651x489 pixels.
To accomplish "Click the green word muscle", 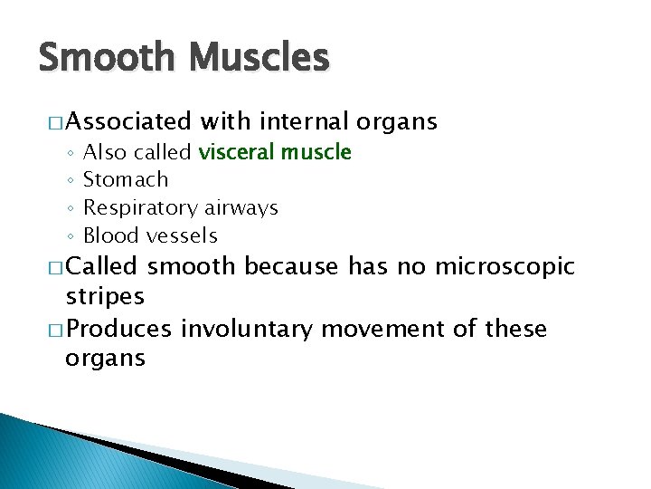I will click(316, 152).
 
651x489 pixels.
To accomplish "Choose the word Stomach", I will click(126, 180).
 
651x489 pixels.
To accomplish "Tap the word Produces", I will click(118, 328).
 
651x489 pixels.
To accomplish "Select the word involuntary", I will click(245, 328).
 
